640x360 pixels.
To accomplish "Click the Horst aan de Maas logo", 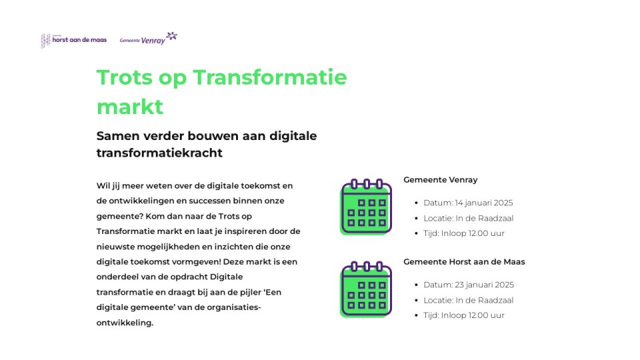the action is (74, 41).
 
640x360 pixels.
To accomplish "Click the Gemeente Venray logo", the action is (148, 39).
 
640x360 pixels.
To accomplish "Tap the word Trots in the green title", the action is (124, 77).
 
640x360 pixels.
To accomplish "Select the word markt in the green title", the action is (130, 107).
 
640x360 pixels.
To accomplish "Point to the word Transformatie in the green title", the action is (270, 77).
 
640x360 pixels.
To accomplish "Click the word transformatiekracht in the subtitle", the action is (159, 153).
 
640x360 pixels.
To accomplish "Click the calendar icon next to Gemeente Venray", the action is (366, 207).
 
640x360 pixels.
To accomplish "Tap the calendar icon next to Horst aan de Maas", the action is (366, 289).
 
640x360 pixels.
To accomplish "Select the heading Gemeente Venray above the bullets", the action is (441, 179).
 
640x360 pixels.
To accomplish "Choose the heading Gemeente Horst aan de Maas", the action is (464, 261).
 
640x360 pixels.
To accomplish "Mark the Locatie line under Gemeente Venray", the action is (468, 219).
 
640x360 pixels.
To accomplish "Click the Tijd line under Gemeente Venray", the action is (464, 233).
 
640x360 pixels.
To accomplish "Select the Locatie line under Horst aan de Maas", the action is (468, 301).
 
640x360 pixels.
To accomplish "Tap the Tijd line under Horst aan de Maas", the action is (464, 315).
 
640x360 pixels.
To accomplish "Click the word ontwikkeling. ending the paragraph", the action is (125, 323).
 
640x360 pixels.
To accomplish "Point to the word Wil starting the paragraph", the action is (103, 186).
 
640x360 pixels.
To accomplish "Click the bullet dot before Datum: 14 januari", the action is (416, 203).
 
